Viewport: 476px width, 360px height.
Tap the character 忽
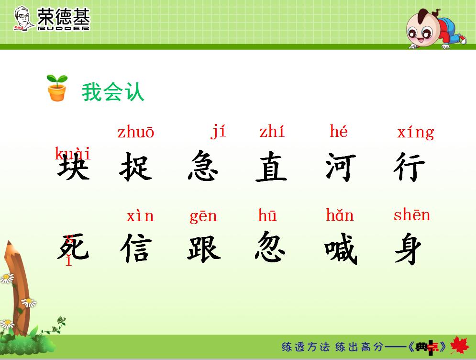click(271, 247)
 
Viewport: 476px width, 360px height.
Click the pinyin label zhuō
click(136, 132)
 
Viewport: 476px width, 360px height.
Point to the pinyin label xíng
click(415, 132)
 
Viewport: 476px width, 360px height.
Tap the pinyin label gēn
click(203, 216)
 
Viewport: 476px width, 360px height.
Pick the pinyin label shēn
click(411, 215)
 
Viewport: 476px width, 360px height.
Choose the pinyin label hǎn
click(340, 215)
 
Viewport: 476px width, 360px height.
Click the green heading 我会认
click(113, 92)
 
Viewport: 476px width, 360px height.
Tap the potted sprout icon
click(57, 88)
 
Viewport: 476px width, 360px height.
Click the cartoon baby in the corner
click(433, 29)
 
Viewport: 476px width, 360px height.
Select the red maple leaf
click(460, 346)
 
